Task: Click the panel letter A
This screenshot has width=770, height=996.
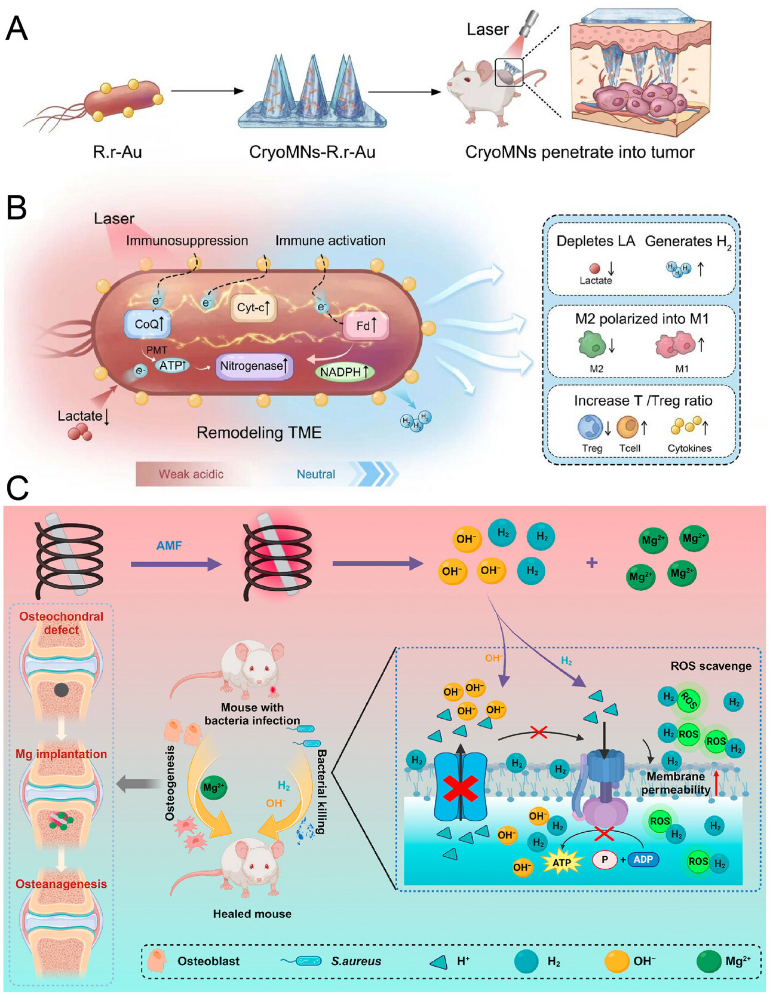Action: click(17, 28)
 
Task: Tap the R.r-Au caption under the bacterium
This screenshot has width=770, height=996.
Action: click(117, 152)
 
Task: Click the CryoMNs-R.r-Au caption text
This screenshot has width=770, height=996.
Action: click(312, 152)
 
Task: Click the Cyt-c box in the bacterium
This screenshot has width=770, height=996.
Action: click(253, 308)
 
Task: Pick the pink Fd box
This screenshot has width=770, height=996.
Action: click(366, 326)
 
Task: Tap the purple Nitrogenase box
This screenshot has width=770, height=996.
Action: click(253, 366)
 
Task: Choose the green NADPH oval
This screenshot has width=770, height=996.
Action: click(344, 372)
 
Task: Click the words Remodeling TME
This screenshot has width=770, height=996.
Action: click(259, 433)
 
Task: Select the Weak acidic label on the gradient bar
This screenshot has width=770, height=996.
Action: click(191, 474)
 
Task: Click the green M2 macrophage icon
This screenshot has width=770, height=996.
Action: click(591, 345)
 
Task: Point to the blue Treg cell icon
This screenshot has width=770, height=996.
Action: click(590, 427)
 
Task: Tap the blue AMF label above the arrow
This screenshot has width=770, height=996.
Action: click(169, 545)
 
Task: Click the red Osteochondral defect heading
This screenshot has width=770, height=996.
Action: click(61, 623)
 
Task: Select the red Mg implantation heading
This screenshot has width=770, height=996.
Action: click(61, 754)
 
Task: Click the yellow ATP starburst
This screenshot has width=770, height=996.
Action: click(562, 862)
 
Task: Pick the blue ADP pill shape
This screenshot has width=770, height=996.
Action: click(643, 859)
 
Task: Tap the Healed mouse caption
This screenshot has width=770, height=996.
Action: click(252, 914)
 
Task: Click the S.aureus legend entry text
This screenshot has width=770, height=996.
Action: click(356, 961)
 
